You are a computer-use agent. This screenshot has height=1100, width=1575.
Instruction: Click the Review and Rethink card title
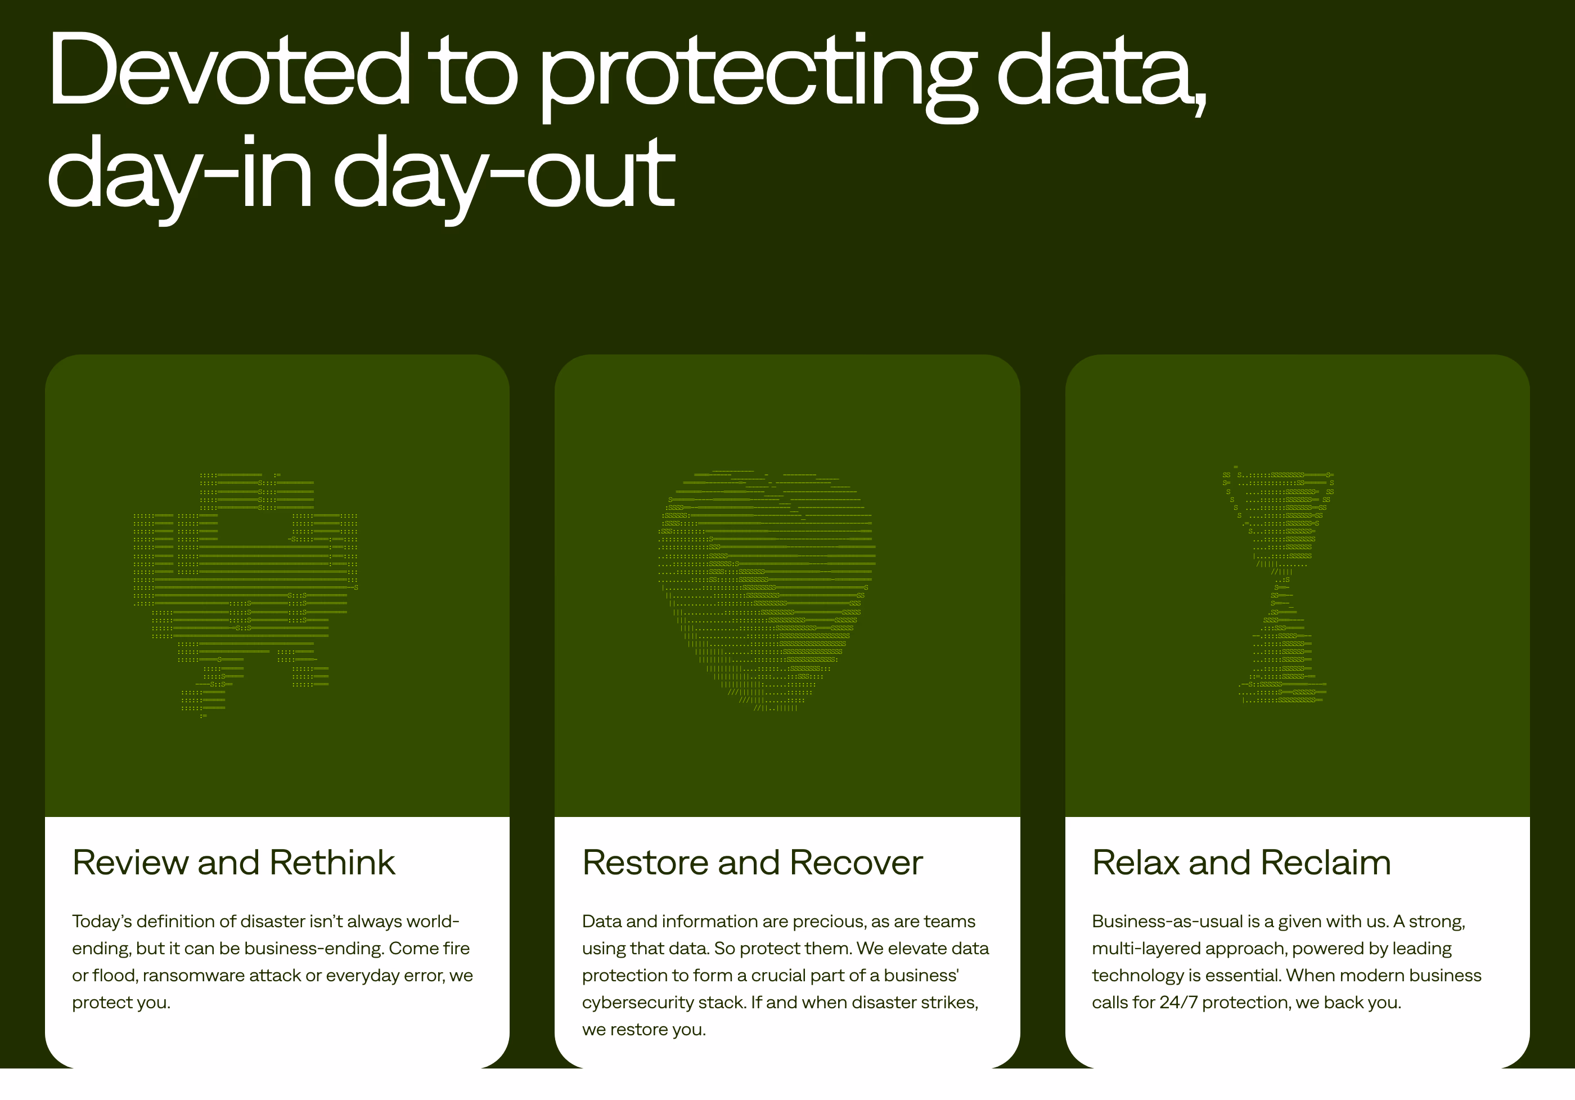234,863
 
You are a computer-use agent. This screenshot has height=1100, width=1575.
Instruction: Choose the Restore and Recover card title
753,863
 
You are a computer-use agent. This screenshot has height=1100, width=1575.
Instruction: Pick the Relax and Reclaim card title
1241,863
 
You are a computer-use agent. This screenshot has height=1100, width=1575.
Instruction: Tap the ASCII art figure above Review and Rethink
245,594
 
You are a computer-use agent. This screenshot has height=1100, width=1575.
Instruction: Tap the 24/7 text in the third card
1178,1003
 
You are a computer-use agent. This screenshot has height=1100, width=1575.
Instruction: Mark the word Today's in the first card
101,922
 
